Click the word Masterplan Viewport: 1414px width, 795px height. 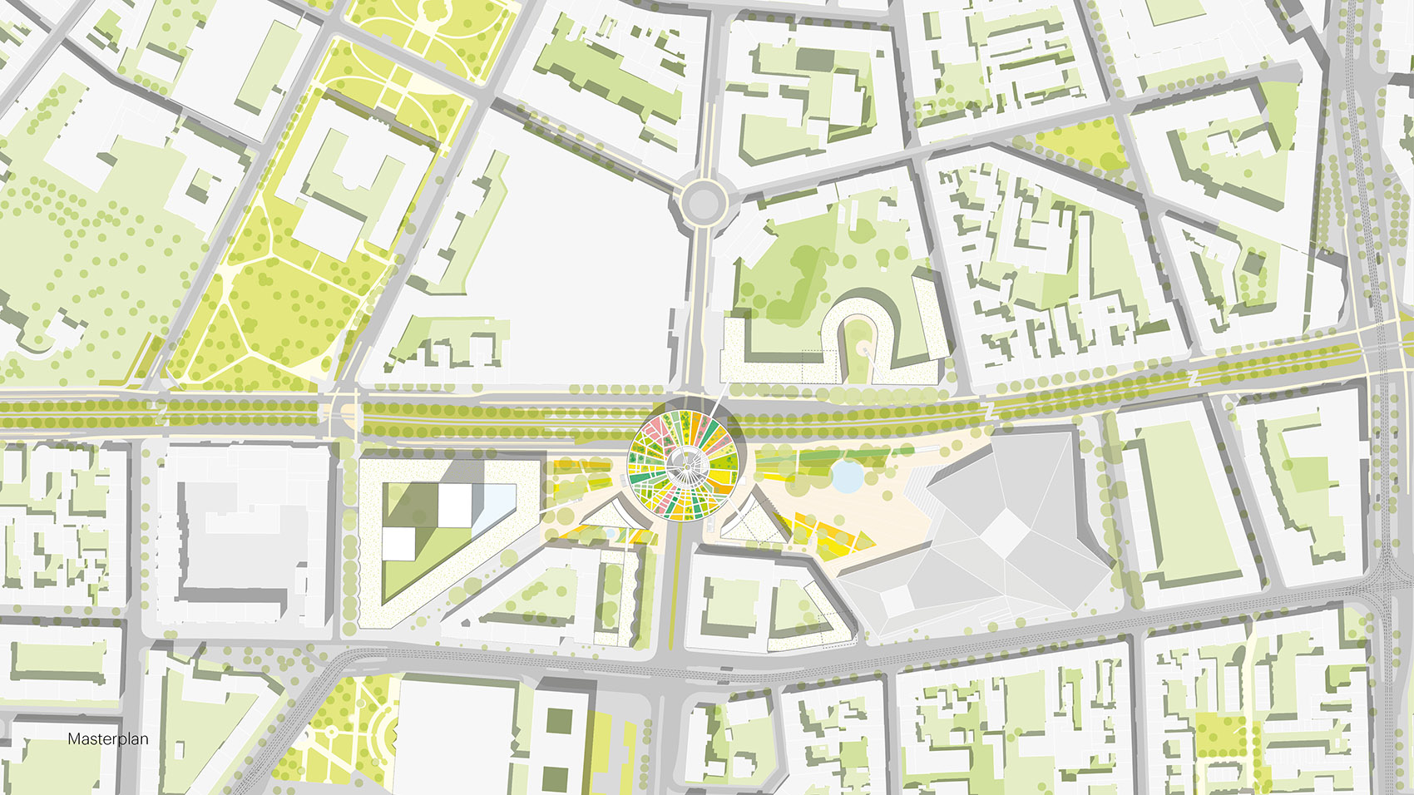tap(108, 738)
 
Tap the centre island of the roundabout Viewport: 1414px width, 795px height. tap(702, 200)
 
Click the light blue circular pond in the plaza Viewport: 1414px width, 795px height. tap(848, 477)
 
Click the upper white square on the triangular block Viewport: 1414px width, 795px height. tap(455, 504)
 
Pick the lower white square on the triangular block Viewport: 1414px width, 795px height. tap(398, 543)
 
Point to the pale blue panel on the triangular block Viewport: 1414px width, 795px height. tap(497, 505)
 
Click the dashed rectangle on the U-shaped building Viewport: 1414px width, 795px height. tap(819, 367)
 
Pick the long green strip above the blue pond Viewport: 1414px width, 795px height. tap(823, 457)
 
